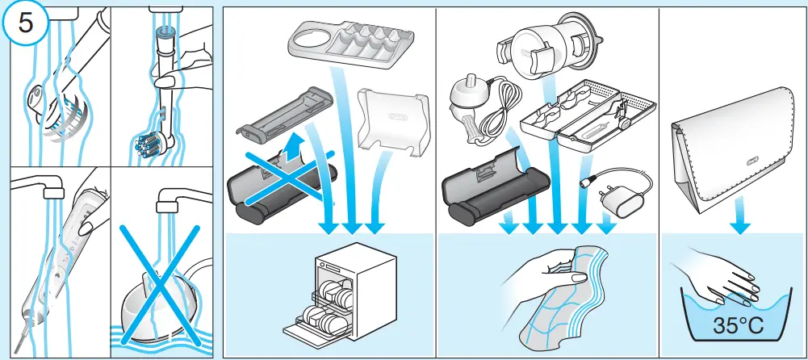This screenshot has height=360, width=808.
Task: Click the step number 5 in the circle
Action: [27, 23]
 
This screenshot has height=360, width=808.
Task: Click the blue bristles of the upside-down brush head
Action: [150, 145]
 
